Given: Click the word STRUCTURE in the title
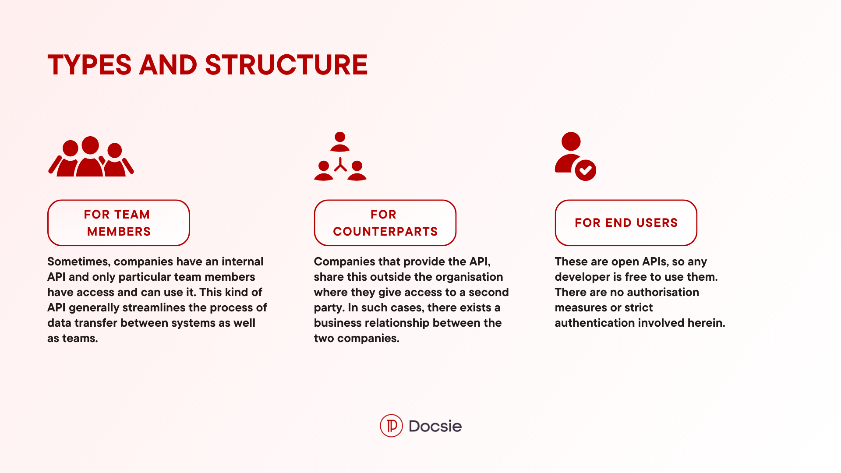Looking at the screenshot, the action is coord(286,65).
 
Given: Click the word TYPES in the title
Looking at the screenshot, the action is coord(89,65).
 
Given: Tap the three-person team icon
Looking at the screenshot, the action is coord(91,156).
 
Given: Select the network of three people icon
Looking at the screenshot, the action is coord(340,156).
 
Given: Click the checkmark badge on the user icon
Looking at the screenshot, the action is coord(586,170).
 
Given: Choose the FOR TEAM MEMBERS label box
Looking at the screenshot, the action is coord(118,223).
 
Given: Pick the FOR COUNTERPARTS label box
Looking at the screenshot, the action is coord(385,223).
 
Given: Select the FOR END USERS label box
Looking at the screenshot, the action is coord(626,223).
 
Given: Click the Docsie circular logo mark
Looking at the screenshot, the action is coord(391,426).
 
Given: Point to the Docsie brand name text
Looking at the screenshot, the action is coord(435,426).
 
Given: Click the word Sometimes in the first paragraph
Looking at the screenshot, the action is coord(79,261).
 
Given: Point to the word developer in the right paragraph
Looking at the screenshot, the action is coord(582,277).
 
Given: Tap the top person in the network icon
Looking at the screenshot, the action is coord(340,141).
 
